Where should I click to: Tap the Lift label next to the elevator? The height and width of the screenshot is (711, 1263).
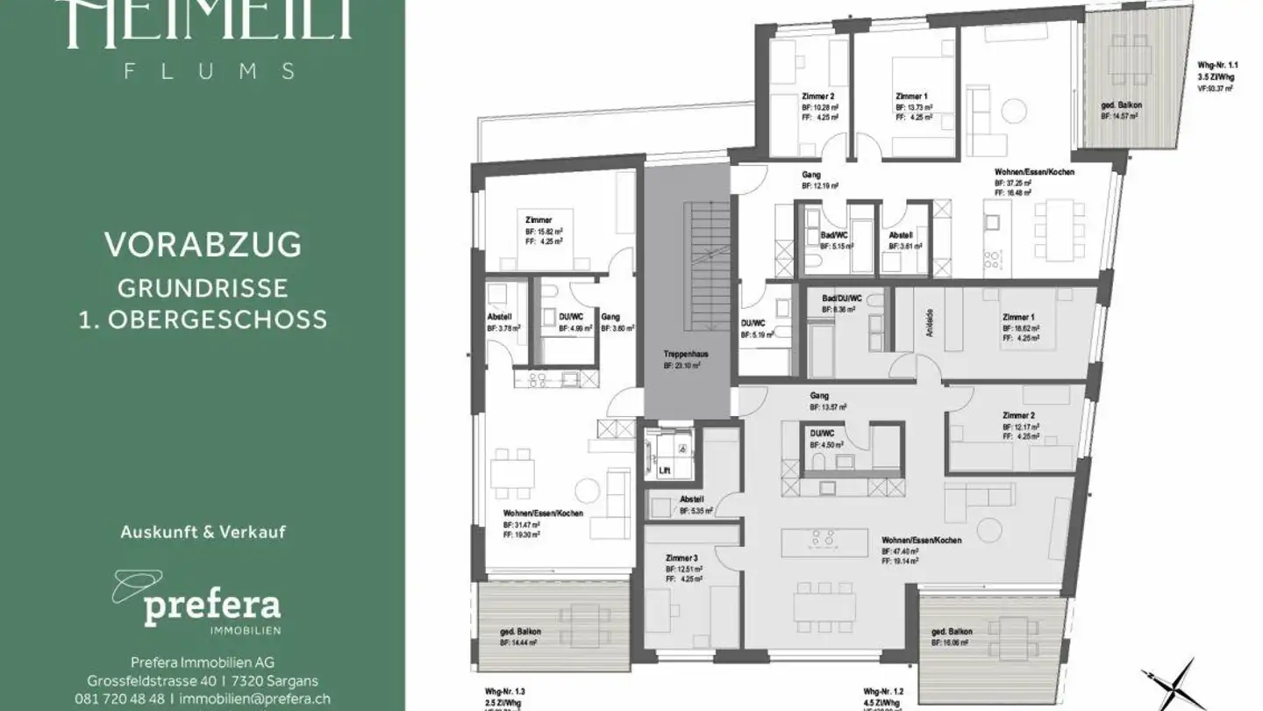(x=664, y=470)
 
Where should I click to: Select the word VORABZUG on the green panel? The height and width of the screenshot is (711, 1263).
(x=203, y=245)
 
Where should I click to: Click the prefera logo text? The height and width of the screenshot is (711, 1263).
(x=211, y=606)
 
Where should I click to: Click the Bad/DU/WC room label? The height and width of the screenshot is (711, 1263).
(x=842, y=298)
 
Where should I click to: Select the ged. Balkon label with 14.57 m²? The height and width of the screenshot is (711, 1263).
(x=1122, y=105)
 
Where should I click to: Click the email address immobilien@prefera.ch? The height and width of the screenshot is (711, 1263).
(x=254, y=699)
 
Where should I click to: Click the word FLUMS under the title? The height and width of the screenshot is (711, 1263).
(x=210, y=72)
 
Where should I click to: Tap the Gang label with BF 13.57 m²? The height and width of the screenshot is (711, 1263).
(x=820, y=396)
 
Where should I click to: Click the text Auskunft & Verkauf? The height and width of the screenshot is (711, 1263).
(x=203, y=531)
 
